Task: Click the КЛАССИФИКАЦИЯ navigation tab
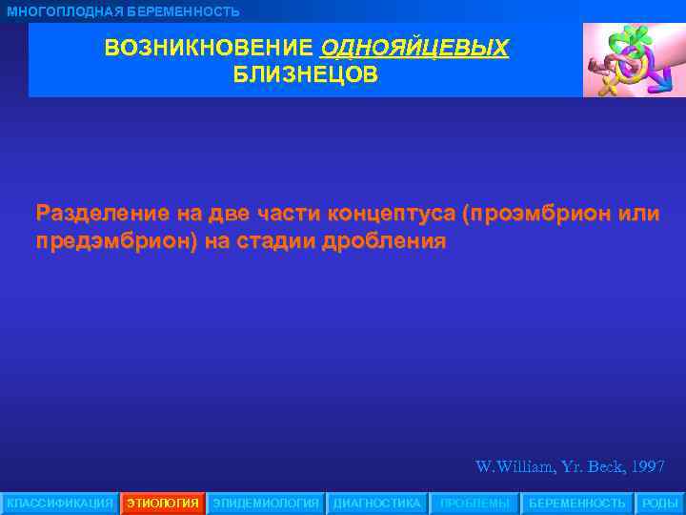point(59,503)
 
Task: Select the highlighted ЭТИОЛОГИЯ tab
point(163,503)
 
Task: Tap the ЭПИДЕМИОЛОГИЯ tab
point(266,503)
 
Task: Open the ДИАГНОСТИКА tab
point(376,503)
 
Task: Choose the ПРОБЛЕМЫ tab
point(474,503)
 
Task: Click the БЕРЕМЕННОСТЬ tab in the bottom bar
point(577,503)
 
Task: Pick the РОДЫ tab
point(660,503)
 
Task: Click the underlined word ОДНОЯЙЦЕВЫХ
point(414,48)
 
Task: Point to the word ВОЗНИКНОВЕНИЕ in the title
point(209,48)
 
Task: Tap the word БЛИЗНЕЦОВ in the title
point(306,74)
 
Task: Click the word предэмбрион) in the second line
point(115,240)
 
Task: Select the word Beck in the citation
point(603,467)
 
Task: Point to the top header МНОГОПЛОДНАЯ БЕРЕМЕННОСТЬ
point(124,11)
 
